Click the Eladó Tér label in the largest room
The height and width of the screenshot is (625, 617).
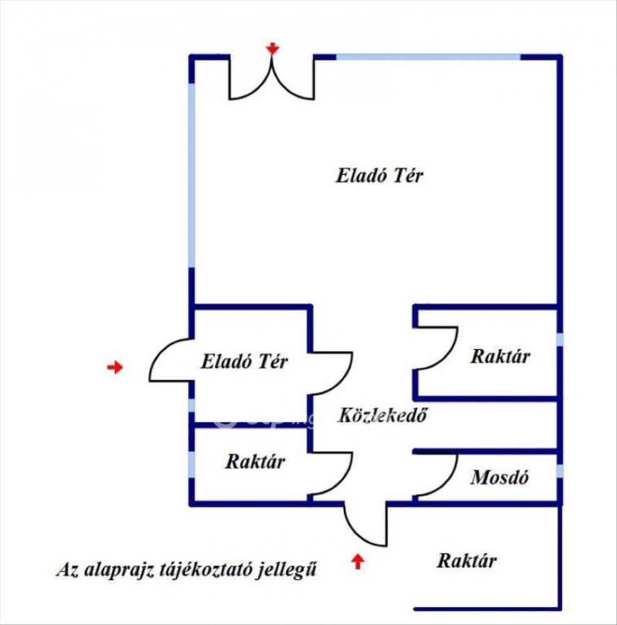point(379,176)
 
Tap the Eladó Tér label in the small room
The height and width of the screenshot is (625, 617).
point(244,361)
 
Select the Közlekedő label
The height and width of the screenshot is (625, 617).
point(382,415)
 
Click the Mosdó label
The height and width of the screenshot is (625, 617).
point(500,478)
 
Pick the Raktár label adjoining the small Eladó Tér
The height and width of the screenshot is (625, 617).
point(255,462)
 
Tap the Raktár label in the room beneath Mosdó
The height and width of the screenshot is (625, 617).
point(467,561)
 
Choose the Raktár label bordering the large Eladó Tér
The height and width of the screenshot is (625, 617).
point(500,357)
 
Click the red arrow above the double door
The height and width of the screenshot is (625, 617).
point(272,48)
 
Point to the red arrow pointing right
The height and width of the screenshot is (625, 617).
point(115,367)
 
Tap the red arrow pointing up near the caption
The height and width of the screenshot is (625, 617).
point(357,561)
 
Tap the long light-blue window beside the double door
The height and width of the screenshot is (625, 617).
point(428,57)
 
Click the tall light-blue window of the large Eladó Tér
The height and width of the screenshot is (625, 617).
point(191,175)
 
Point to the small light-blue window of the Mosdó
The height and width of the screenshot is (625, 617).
point(559,471)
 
